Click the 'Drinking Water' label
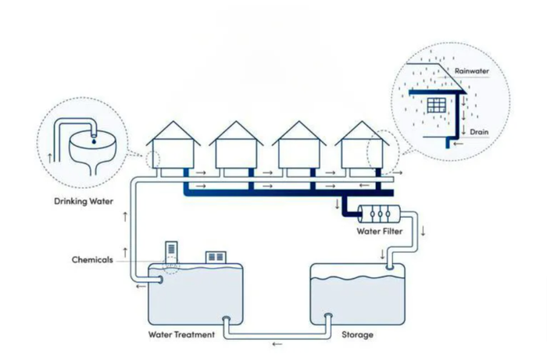pyautogui.click(x=84, y=201)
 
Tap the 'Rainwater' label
pyautogui.click(x=472, y=71)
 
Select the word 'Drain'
pyautogui.click(x=479, y=132)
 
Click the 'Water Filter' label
pyautogui.click(x=380, y=231)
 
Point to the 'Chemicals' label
pyautogui.click(x=92, y=259)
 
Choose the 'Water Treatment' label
pyautogui.click(x=181, y=334)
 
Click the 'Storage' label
pyautogui.click(x=358, y=334)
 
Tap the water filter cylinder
pyautogui.click(x=380, y=214)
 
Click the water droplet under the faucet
pyautogui.click(x=94, y=141)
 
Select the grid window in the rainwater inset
pyautogui.click(x=436, y=105)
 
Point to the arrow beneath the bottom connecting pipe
pyautogui.click(x=277, y=344)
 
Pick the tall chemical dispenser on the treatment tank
pyautogui.click(x=171, y=253)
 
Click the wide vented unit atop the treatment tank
pyautogui.click(x=216, y=258)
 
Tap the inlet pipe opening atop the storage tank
pyautogui.click(x=389, y=268)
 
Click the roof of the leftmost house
pyautogui.click(x=173, y=134)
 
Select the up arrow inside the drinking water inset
pyautogui.click(x=50, y=158)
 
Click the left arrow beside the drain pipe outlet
pyautogui.click(x=458, y=144)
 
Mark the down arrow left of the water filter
pyautogui.click(x=337, y=205)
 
